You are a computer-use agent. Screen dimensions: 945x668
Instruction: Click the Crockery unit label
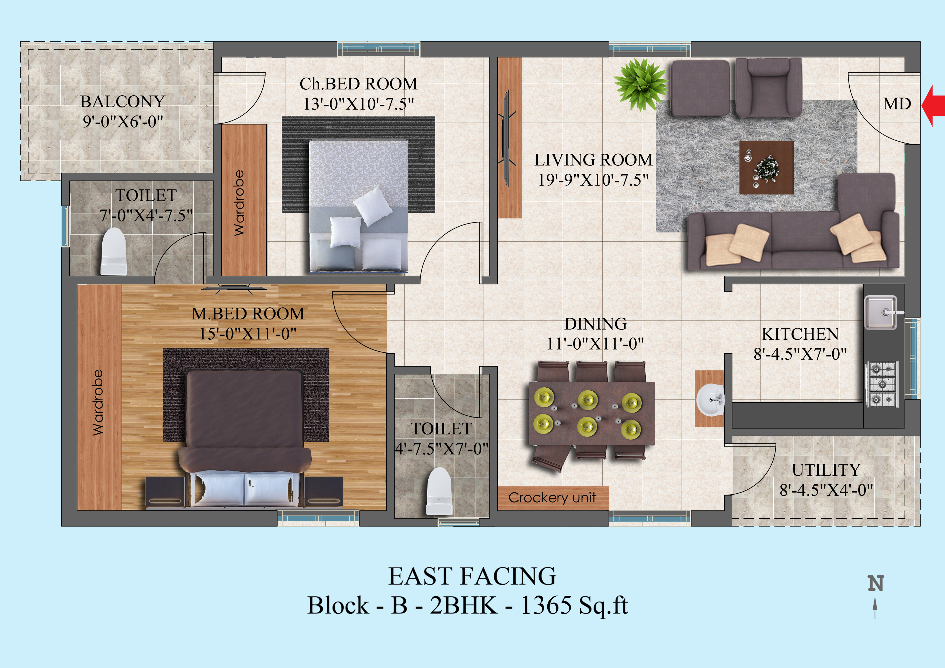point(552,497)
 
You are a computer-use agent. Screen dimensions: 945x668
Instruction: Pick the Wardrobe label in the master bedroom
point(98,402)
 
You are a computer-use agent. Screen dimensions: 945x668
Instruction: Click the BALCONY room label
point(123,101)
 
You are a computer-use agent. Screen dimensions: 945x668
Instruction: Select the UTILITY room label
point(826,470)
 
